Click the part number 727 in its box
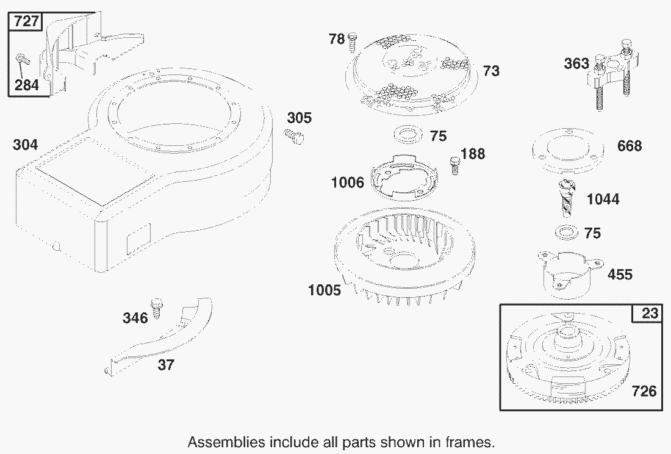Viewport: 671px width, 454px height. point(26,21)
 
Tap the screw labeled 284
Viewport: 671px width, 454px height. point(22,61)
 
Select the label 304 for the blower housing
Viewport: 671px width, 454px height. point(25,145)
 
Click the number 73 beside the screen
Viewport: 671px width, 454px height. point(491,71)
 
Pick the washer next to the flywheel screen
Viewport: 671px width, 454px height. point(408,134)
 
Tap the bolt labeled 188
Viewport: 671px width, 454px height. point(455,165)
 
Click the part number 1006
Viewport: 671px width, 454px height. point(348,182)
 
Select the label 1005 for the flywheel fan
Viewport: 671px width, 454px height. point(325,290)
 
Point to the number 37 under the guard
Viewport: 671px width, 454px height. point(166,365)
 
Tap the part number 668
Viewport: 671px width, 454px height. point(630,146)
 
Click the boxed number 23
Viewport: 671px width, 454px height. point(650,313)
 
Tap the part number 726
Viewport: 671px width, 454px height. point(644,391)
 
